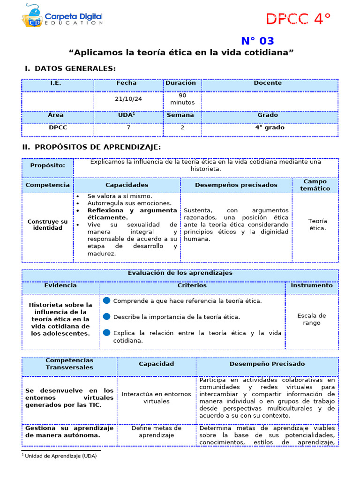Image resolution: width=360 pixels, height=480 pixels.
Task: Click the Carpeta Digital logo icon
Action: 32,16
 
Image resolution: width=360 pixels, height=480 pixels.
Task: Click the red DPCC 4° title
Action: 298,19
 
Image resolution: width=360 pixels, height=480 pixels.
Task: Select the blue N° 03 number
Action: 257,41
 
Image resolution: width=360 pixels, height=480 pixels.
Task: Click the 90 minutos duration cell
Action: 182,99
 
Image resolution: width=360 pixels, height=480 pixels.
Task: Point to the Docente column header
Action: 268,83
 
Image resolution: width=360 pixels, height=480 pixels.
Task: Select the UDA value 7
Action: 128,127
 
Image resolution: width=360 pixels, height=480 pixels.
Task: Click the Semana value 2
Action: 182,127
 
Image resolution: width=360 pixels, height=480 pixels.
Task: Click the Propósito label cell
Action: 48,165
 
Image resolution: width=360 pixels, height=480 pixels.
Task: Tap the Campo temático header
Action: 315,185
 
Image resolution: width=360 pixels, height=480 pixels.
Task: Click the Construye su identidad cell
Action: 47,225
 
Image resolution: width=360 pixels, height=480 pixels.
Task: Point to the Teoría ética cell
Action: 317,225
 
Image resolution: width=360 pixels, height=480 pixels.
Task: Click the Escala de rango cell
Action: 311,319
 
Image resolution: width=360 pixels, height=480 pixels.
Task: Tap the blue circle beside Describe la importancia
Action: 106,316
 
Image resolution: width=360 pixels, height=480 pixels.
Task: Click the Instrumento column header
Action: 312,285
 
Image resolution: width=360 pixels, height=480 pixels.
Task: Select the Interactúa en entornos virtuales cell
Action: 156,397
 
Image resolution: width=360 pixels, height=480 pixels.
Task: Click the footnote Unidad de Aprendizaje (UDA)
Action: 60,456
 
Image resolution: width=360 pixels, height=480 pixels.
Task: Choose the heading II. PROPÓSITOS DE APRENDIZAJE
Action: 92,147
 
